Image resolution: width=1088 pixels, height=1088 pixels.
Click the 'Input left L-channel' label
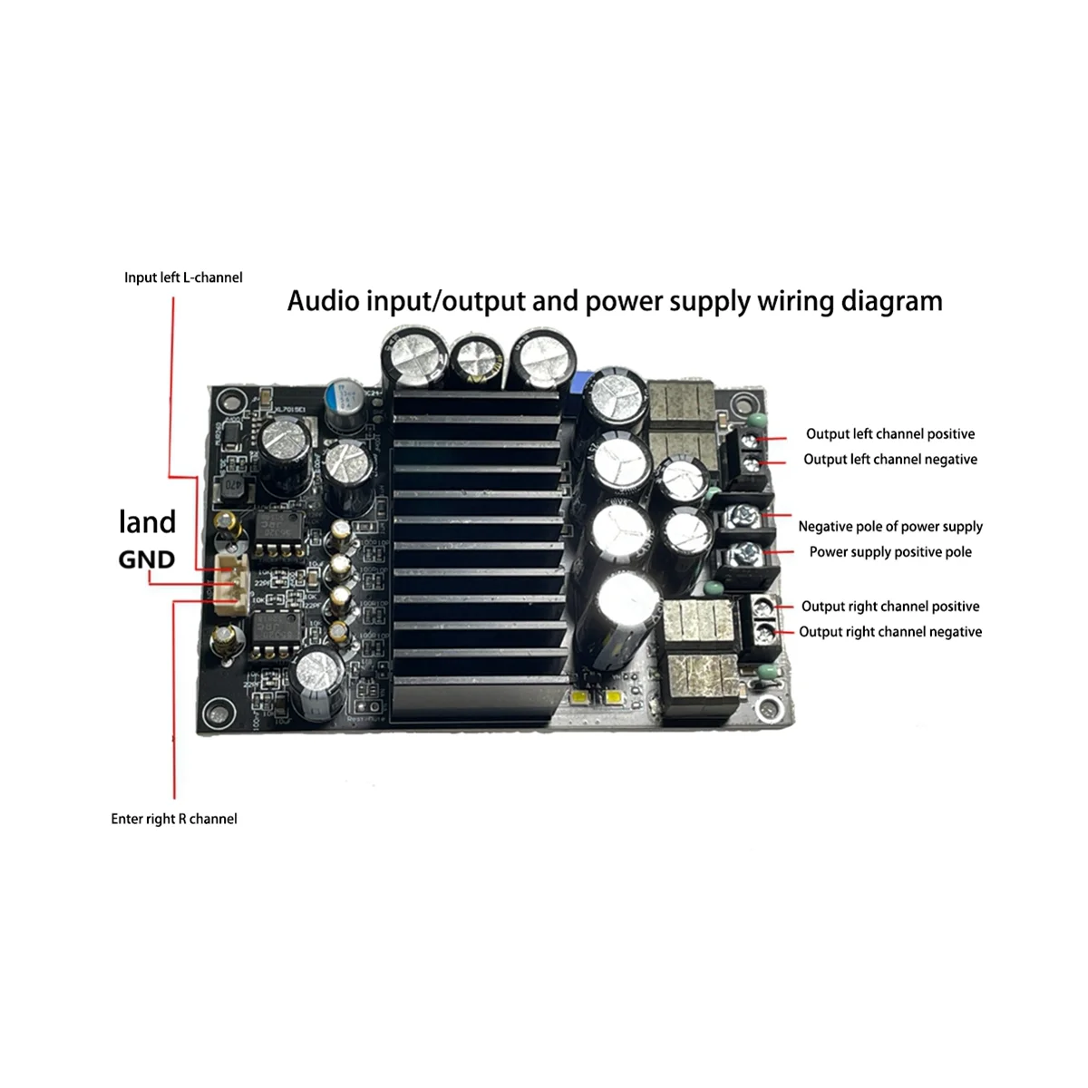pos(183,277)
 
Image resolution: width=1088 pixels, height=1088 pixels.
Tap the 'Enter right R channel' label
pos(174,819)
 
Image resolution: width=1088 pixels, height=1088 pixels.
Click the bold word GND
pos(147,559)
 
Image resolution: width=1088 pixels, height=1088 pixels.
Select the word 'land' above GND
pos(147,521)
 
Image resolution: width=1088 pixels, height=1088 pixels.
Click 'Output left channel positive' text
pos(890,434)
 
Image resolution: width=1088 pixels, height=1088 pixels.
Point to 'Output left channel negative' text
pos(890,460)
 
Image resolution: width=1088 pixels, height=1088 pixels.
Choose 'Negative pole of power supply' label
pos(890,527)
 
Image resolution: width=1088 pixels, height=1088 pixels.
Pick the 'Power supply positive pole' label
pos(890,552)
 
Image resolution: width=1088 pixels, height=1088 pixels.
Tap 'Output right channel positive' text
pos(890,607)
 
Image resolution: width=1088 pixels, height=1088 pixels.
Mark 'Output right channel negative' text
pos(890,632)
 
